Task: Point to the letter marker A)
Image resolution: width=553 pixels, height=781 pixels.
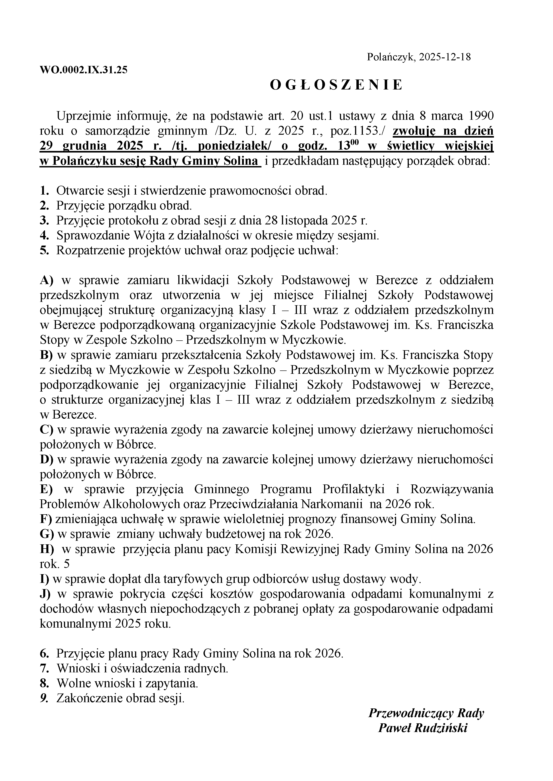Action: [47, 280]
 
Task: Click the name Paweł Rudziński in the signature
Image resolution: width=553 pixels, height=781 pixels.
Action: [423, 728]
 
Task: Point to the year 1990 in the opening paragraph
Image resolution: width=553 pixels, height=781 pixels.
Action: [481, 116]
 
